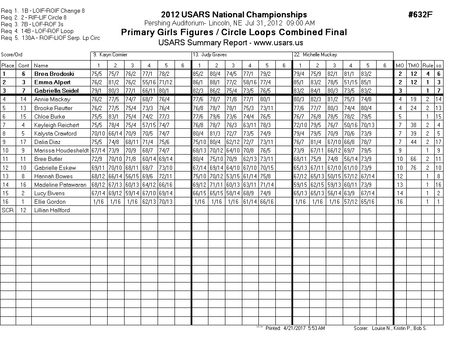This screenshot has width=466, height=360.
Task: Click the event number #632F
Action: coord(420,15)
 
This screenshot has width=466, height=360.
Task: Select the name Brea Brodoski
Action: coord(51,74)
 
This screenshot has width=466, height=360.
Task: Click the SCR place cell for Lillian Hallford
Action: coord(8,210)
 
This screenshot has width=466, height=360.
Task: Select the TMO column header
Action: coord(413,65)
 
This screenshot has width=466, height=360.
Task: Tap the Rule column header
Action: coord(427,65)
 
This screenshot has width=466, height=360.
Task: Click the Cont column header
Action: coord(24,65)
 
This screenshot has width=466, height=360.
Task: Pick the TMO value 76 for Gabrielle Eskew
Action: coord(413,168)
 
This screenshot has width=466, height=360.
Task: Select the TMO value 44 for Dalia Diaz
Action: coord(413,142)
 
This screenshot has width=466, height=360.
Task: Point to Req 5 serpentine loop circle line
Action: coord(50,38)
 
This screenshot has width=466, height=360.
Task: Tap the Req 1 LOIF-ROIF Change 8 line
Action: coord(42,11)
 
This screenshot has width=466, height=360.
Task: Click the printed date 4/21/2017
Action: coord(294,328)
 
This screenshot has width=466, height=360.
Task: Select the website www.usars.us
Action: coord(280,43)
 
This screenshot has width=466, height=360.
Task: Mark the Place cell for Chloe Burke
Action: coord(8,116)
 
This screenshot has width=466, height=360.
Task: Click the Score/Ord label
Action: coord(11,55)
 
